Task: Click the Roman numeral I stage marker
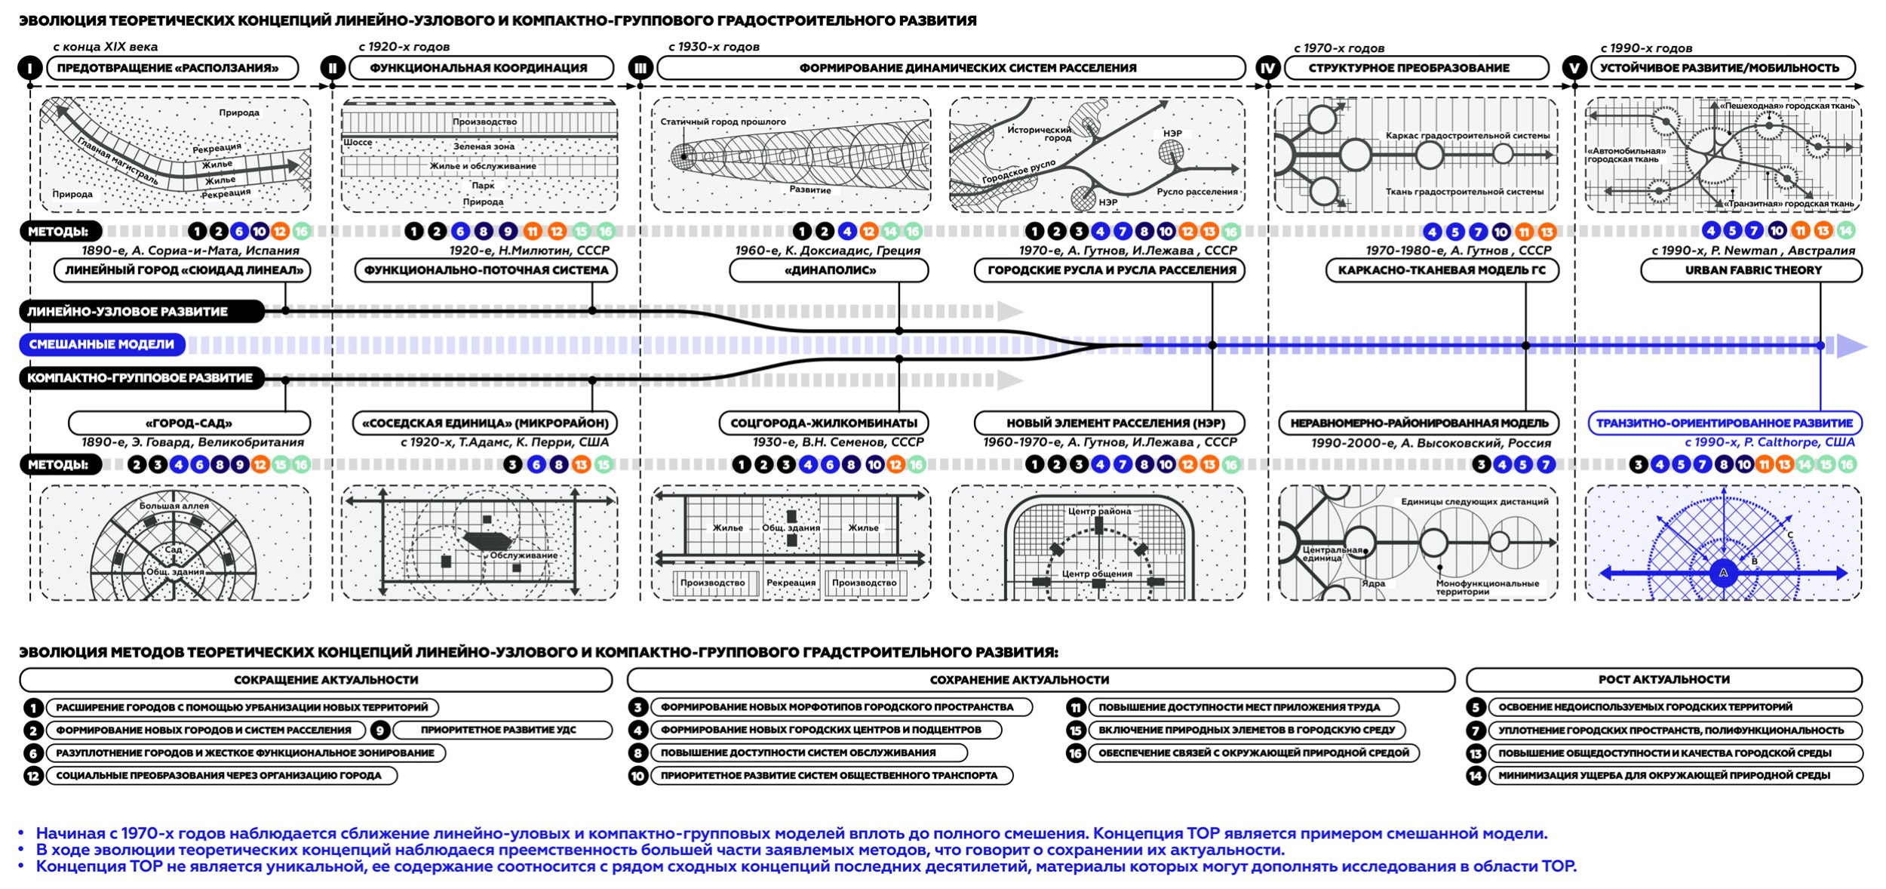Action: click(x=29, y=69)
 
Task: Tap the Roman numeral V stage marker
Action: click(x=1574, y=69)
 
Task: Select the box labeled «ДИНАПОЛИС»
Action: click(x=829, y=270)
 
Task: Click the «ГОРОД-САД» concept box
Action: click(x=189, y=423)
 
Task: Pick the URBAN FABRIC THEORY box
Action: click(x=1752, y=270)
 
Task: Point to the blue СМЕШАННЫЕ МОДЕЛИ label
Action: click(x=102, y=345)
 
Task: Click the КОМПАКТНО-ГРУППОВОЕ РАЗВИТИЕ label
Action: click(x=141, y=378)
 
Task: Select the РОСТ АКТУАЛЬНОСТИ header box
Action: click(x=1663, y=680)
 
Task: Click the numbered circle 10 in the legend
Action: click(x=638, y=776)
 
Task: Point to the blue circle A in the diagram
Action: click(x=1723, y=573)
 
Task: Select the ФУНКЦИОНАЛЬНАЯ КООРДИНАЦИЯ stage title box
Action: click(x=478, y=68)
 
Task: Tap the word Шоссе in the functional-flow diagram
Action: click(x=358, y=143)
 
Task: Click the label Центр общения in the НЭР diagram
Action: click(x=1097, y=574)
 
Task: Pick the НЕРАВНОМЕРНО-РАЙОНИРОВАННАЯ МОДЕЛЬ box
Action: click(x=1419, y=423)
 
